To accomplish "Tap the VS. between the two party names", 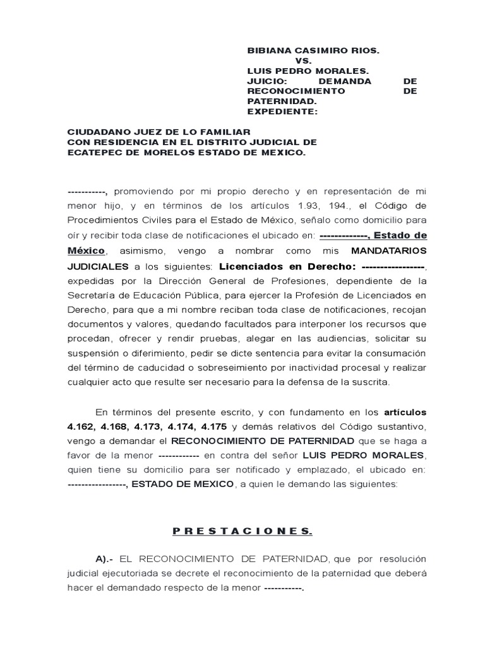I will pos(304,61).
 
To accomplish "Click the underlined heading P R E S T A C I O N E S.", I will pos(242,531).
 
